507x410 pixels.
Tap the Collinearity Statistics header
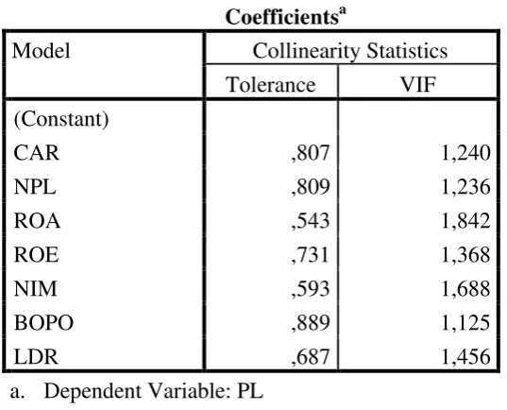350,52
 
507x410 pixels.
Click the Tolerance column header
271,85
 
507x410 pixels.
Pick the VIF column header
418,85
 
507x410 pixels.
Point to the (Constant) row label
61,119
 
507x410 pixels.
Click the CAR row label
37,153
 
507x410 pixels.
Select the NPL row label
35,187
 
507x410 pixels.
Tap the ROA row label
37,221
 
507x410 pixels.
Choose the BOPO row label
43,323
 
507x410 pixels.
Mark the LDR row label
36,356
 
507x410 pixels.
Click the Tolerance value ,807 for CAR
311,153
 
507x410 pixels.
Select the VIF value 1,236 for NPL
465,187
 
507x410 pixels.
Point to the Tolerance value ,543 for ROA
311,221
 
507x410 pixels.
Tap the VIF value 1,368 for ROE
465,255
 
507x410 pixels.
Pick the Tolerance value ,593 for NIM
311,289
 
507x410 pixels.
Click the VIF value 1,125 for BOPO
465,323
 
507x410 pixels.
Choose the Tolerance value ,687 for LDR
311,356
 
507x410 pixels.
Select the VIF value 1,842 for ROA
465,221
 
